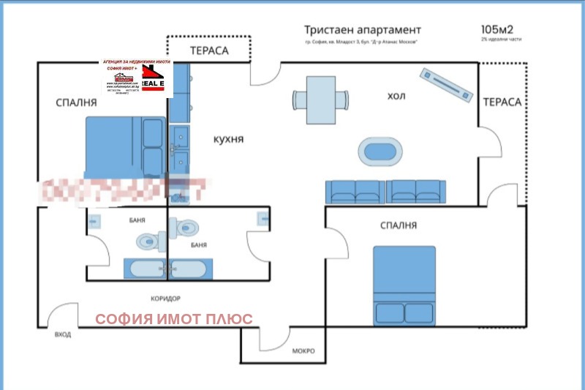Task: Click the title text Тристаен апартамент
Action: click(x=363, y=30)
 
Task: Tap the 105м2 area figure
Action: click(x=496, y=29)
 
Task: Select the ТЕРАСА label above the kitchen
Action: click(x=209, y=50)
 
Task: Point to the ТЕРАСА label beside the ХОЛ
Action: click(x=502, y=102)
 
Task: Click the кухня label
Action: click(x=228, y=139)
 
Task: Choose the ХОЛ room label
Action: click(x=396, y=96)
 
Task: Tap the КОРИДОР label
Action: click(x=165, y=299)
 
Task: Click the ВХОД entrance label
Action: click(x=63, y=335)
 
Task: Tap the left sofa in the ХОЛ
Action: click(x=355, y=191)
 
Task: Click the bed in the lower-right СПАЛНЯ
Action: click(x=404, y=285)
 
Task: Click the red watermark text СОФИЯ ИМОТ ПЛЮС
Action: click(x=175, y=319)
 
